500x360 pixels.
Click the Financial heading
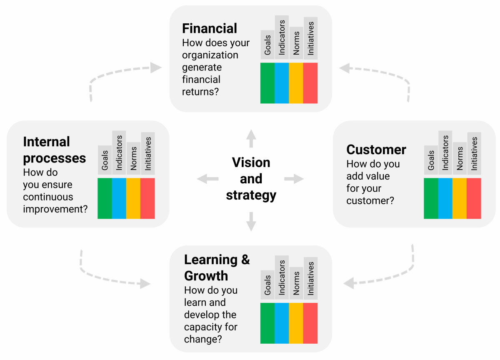point(210,28)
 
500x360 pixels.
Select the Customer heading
point(376,150)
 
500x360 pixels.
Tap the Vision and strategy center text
point(251,179)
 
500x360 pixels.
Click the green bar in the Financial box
point(267,83)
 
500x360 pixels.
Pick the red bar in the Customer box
point(474,198)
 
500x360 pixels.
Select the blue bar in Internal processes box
point(119,198)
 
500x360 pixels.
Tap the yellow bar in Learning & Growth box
point(296,323)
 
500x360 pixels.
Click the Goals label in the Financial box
point(267,45)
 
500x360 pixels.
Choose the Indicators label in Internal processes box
point(119,152)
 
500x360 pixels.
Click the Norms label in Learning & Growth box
point(296,283)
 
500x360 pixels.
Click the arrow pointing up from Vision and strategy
point(251,138)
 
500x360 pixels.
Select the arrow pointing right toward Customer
point(294,179)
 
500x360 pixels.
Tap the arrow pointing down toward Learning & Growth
point(251,221)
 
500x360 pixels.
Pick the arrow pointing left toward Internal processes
point(207,179)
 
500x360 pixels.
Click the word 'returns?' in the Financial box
point(200,92)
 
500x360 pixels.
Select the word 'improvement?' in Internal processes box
point(55,209)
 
